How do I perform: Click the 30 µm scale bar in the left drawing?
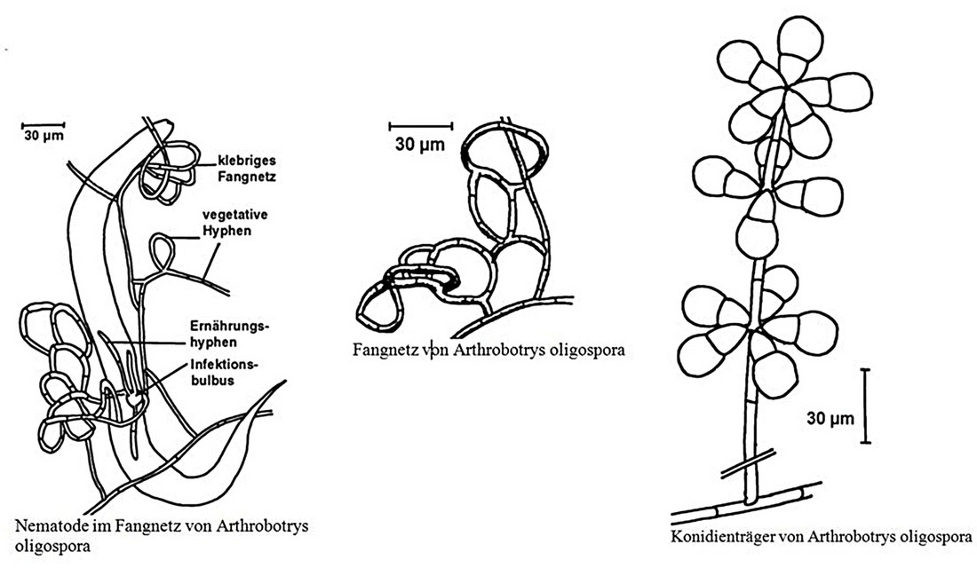43,124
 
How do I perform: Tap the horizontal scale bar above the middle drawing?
421,125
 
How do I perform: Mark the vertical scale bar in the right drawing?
865,406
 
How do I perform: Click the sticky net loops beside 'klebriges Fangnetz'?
167,171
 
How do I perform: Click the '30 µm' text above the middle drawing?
421,143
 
